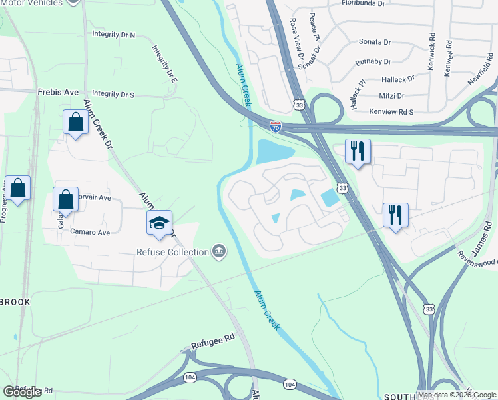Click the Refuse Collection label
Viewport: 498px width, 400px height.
172,252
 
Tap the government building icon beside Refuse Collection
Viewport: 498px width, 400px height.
218,251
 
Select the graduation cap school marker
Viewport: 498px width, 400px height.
160,224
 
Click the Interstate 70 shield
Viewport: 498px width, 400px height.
276,125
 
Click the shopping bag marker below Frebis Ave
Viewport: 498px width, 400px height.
75,123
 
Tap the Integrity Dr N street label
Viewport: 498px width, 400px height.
113,34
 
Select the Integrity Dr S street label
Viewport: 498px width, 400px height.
113,95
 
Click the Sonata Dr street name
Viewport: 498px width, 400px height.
375,41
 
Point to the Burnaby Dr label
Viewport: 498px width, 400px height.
373,61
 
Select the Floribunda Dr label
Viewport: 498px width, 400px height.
363,3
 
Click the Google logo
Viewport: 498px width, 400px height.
23,392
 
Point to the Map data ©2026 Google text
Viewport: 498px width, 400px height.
457,395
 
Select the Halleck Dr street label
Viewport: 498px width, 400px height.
401,78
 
